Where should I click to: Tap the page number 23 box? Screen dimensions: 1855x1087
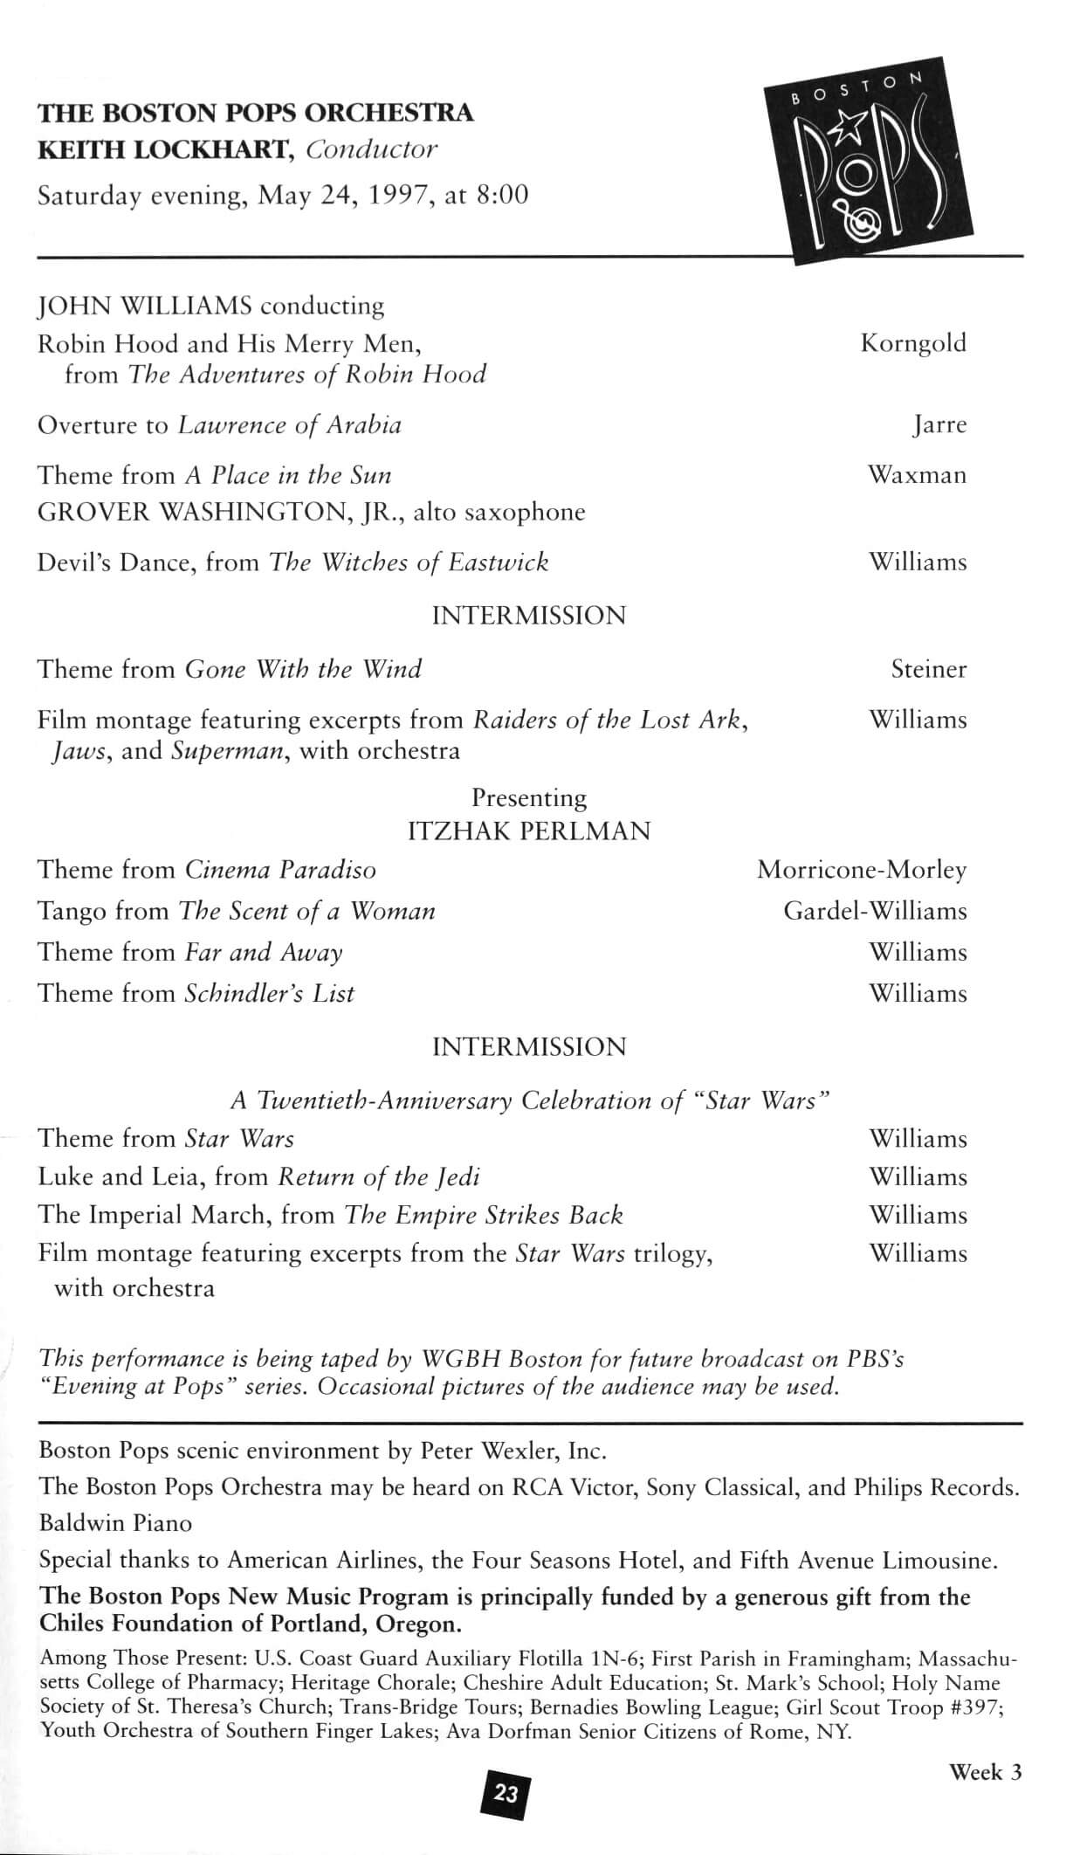click(506, 1794)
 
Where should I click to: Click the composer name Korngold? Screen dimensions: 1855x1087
click(913, 343)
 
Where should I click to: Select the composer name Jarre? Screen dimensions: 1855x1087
click(939, 426)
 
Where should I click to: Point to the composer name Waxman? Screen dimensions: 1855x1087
click(917, 475)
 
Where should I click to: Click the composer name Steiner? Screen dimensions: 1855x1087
click(928, 670)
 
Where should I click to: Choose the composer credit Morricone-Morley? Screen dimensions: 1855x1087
click(862, 870)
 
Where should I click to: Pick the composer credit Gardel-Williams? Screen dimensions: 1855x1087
click(875, 911)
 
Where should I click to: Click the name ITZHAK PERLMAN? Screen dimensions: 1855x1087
click(529, 831)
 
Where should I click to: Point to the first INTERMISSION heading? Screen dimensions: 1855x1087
click(529, 616)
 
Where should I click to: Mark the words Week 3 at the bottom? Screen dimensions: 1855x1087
click(985, 1771)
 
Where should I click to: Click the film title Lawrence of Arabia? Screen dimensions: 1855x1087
click(290, 425)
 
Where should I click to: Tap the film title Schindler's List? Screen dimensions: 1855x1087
click(270, 993)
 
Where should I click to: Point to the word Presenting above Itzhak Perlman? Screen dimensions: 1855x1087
click(529, 798)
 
